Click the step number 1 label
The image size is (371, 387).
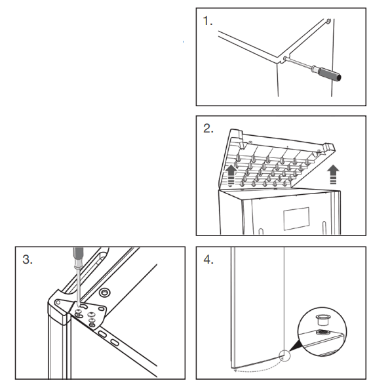pyautogui.click(x=207, y=21)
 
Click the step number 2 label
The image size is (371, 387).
pyautogui.click(x=208, y=129)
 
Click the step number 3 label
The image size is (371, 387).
pyautogui.click(x=28, y=259)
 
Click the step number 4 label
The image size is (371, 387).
pyautogui.click(x=208, y=260)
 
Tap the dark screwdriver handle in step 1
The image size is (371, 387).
pyautogui.click(x=329, y=74)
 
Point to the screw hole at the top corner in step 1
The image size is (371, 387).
pyautogui.click(x=328, y=21)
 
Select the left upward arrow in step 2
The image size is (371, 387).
pyautogui.click(x=231, y=175)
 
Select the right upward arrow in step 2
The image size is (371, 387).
pyautogui.click(x=333, y=174)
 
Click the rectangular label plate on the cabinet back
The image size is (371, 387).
pyautogui.click(x=296, y=218)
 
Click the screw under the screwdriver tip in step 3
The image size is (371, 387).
pyautogui.click(x=79, y=312)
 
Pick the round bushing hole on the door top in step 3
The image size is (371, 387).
pyautogui.click(x=105, y=293)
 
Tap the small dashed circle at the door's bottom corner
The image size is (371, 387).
pyautogui.click(x=284, y=356)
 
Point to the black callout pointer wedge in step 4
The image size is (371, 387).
pyautogui.click(x=294, y=346)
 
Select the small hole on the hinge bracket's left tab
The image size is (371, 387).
pyautogui.click(x=58, y=302)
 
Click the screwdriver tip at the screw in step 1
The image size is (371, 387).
pyautogui.click(x=285, y=58)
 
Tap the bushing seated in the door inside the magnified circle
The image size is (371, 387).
pyautogui.click(x=322, y=333)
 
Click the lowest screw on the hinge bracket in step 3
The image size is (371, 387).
pyautogui.click(x=92, y=323)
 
